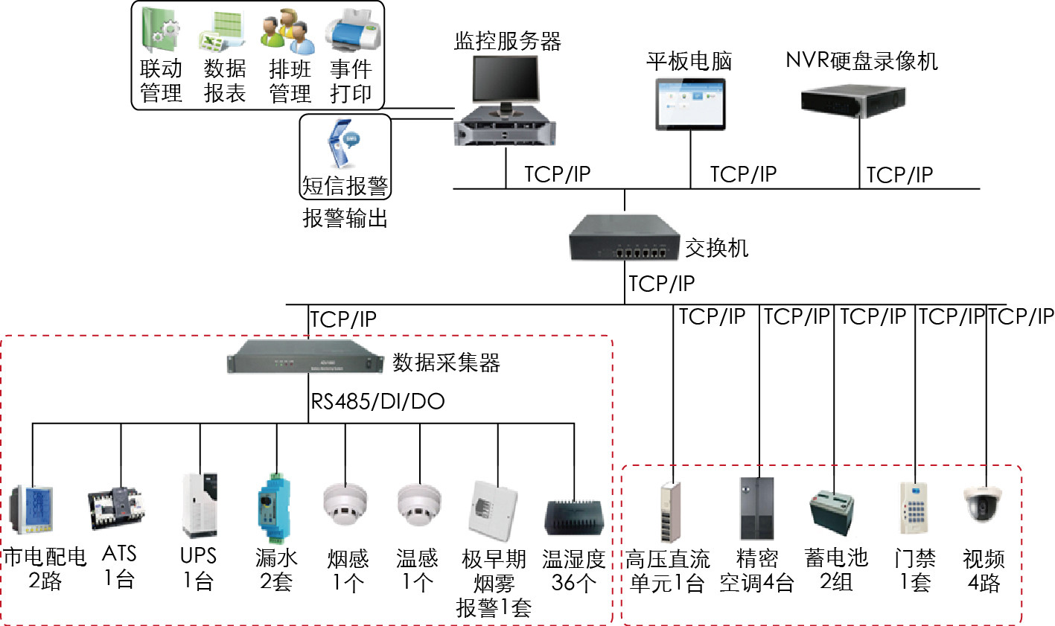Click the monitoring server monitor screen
click(505, 80)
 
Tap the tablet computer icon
click(689, 103)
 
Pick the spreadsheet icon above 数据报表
click(223, 33)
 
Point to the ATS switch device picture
click(118, 509)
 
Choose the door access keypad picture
click(913, 508)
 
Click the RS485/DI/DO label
click(377, 402)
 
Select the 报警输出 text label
click(345, 218)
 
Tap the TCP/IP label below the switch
click(661, 284)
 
